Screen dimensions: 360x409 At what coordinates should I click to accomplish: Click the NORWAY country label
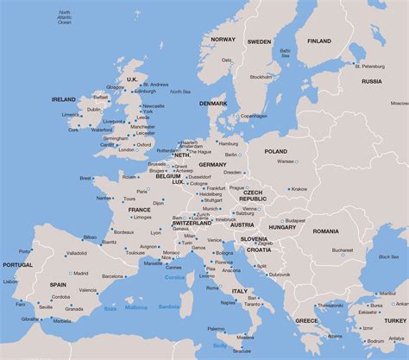(223, 40)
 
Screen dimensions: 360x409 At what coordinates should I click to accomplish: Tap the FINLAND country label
(318, 41)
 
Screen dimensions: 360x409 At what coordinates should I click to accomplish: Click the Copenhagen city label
(253, 116)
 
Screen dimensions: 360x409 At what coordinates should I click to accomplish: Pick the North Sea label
(180, 92)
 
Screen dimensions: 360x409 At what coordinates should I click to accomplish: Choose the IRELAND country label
(65, 99)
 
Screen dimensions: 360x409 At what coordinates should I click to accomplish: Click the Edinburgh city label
(145, 91)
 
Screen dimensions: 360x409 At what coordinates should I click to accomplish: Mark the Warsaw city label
(285, 161)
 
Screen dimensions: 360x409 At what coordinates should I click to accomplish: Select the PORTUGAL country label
(17, 265)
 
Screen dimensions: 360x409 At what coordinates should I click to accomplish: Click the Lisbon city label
(10, 281)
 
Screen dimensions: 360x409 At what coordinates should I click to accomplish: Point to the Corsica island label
(177, 277)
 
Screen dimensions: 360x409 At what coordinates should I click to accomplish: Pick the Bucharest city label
(342, 250)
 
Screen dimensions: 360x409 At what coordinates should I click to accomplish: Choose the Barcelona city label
(112, 276)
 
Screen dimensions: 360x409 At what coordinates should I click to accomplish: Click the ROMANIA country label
(327, 231)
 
